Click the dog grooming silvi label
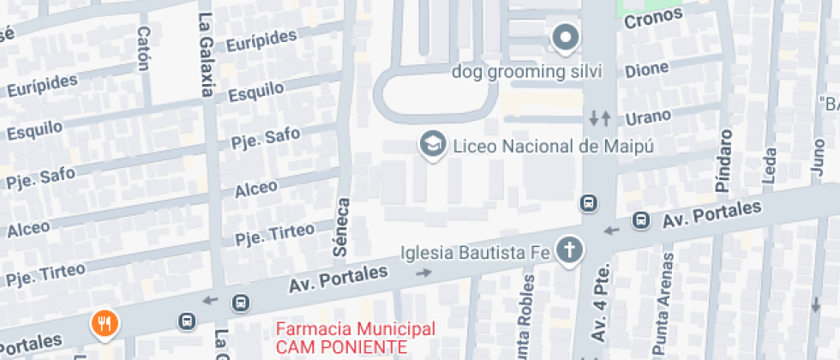527,71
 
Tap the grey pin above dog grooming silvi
565,38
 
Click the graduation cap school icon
432,143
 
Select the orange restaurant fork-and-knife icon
105,323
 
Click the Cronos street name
653,16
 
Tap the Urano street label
648,117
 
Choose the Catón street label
143,43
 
